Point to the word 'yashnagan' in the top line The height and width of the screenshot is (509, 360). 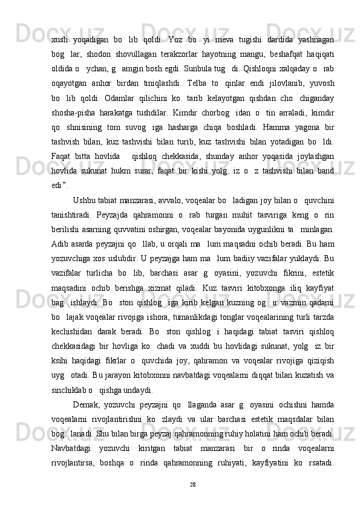tap(312, 27)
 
